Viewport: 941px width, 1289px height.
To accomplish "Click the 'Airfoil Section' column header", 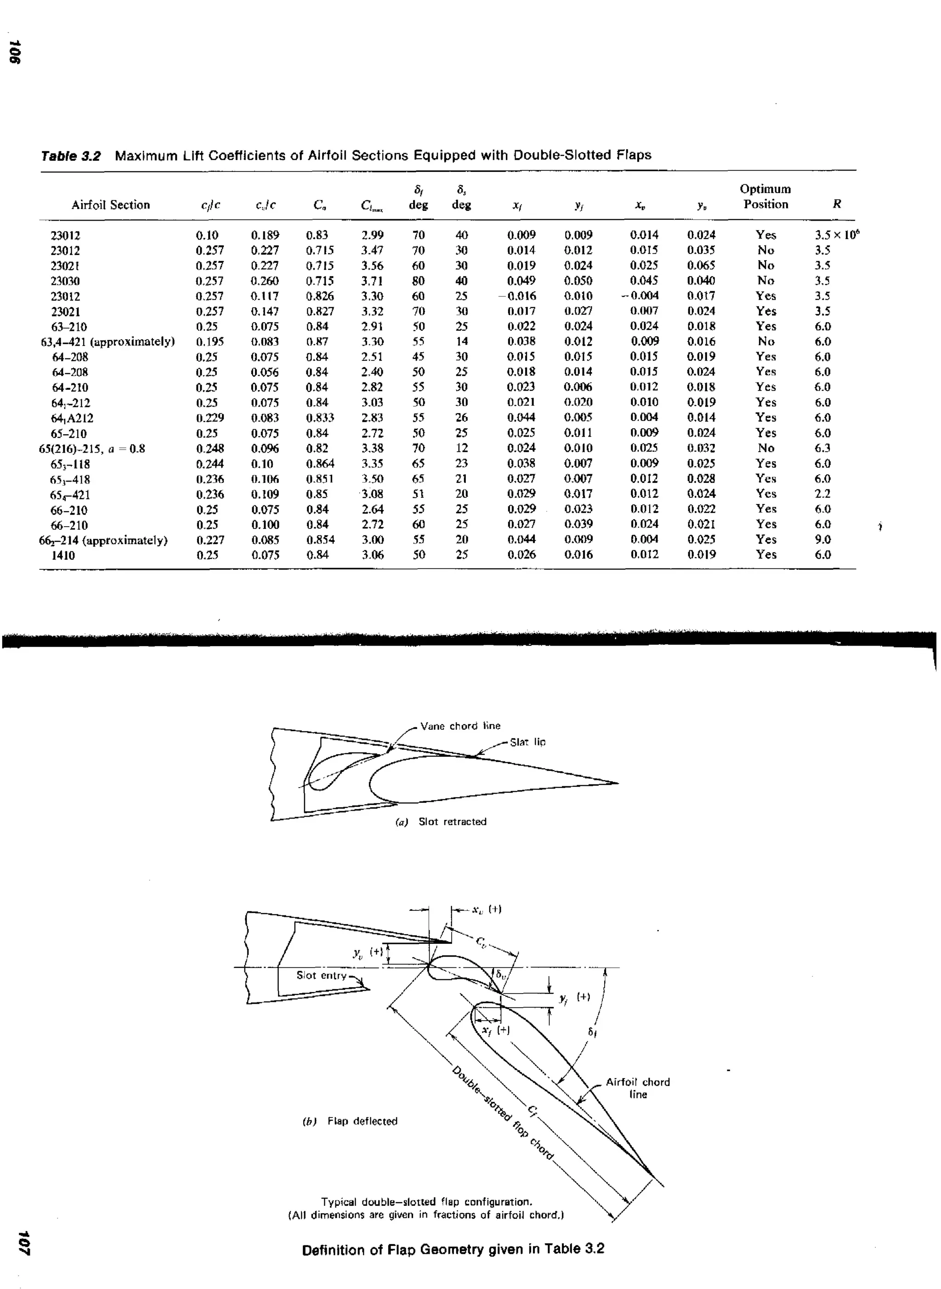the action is click(111, 205).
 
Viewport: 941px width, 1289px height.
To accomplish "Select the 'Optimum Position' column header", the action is click(765, 197).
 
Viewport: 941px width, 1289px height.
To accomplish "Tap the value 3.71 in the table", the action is click(372, 281).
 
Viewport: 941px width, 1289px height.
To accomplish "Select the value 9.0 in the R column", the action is click(822, 539).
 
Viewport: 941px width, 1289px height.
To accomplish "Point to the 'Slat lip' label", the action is click(527, 742).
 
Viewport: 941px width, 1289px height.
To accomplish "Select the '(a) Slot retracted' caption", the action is click(442, 821).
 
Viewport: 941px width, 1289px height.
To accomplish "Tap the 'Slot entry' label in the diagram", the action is click(321, 975).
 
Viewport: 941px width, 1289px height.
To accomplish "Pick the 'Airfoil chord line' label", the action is click(637, 1088).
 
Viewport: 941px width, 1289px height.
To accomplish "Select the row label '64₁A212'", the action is click(72, 418).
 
